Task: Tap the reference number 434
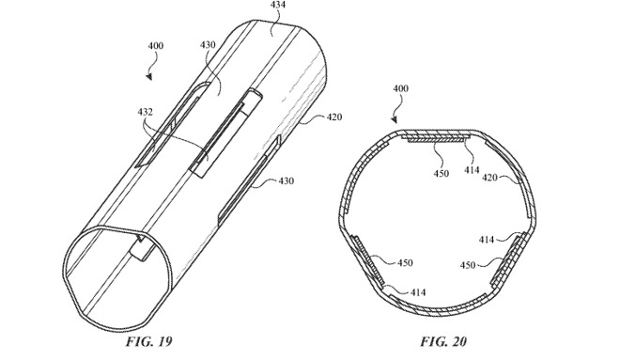[x=278, y=8]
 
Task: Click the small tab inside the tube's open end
[x=144, y=249]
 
